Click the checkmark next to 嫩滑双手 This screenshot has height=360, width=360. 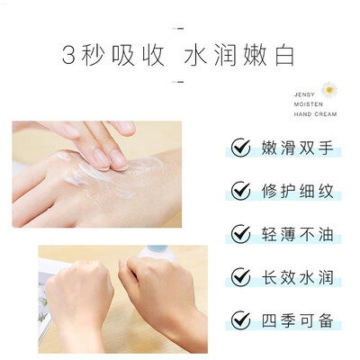click(x=240, y=148)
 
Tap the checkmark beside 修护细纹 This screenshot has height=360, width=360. click(x=240, y=191)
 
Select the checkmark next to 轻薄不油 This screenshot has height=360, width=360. click(x=240, y=234)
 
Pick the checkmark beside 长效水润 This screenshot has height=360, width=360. click(x=240, y=277)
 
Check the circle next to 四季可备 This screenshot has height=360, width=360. click(x=240, y=320)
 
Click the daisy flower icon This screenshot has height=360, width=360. click(x=329, y=90)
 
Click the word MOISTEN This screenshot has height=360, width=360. click(x=304, y=104)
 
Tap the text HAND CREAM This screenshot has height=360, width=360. click(x=315, y=114)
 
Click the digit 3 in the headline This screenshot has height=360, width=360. click(x=68, y=55)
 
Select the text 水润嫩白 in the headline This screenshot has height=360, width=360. click(x=239, y=55)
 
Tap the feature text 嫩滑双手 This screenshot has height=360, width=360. click(x=297, y=148)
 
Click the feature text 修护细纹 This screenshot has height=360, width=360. click(x=297, y=191)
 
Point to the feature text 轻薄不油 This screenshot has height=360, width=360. click(x=297, y=234)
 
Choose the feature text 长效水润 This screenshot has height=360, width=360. click(x=297, y=277)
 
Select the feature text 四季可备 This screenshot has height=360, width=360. click(x=297, y=320)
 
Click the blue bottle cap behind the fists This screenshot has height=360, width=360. click(x=157, y=249)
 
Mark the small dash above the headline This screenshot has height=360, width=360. click(x=178, y=29)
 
